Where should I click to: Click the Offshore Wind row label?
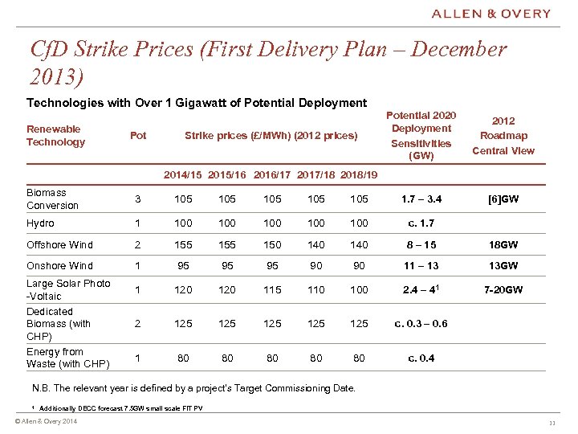59,244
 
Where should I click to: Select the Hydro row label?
40,223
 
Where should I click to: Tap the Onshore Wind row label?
59,265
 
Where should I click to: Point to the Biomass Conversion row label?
52,199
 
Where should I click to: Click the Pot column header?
138,135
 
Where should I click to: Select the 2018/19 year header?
357,174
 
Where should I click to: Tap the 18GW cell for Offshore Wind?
503,244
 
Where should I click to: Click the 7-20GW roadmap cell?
503,289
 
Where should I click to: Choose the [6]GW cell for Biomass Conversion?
503,199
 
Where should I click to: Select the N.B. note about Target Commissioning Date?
191,388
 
